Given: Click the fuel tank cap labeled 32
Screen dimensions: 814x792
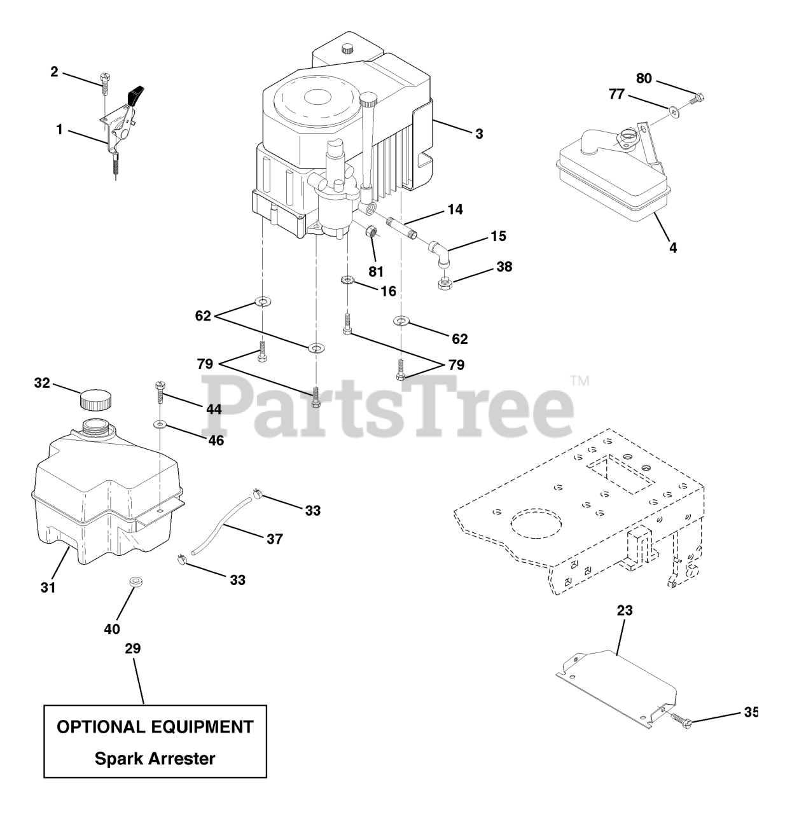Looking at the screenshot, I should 95,401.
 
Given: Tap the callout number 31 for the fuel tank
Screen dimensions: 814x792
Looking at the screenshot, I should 48,588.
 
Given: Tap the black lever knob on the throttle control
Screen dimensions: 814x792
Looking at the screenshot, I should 135,96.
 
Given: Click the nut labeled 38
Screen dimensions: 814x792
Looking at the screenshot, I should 445,282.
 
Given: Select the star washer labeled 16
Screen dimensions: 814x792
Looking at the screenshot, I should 347,280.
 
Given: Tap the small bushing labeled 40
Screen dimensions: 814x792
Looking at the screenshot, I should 134,582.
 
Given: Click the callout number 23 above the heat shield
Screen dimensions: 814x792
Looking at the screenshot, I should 625,611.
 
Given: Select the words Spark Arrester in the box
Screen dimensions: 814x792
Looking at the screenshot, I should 155,758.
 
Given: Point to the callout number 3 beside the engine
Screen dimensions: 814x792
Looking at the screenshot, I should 478,134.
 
